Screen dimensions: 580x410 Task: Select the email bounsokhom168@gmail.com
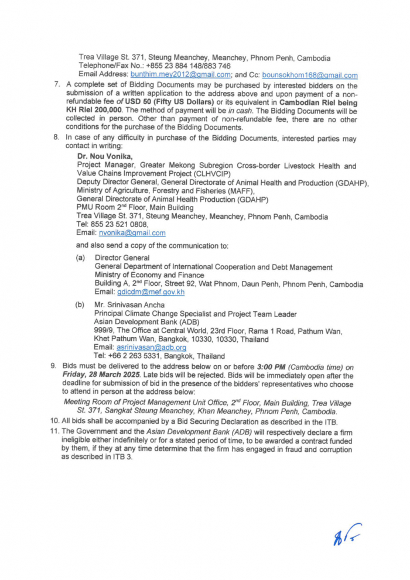click(310, 75)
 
